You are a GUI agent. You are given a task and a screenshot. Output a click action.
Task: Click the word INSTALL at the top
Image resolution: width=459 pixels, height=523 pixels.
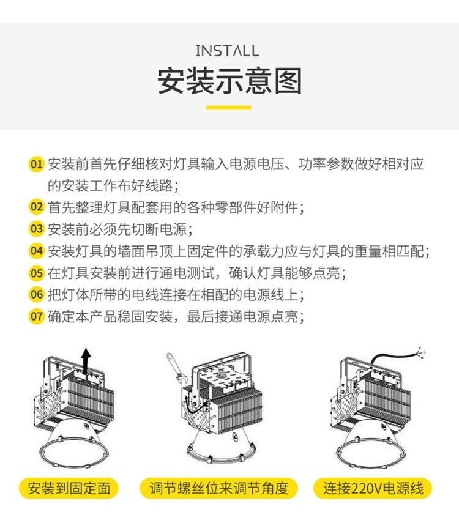coord(227,51)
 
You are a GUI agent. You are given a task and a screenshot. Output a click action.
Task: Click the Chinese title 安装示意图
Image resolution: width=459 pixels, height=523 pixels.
coord(229,81)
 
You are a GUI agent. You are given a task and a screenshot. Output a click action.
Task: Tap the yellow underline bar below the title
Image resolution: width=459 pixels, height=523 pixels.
coord(228,108)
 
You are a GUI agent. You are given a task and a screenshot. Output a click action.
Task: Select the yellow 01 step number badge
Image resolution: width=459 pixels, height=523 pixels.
coord(36,164)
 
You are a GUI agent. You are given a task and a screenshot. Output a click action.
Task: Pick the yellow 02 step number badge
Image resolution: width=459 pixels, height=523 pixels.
coord(36,207)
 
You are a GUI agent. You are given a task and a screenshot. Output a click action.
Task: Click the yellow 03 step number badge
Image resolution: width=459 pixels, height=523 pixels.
coord(36,229)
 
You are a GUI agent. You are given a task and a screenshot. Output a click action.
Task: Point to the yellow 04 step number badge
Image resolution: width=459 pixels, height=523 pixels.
coord(36,251)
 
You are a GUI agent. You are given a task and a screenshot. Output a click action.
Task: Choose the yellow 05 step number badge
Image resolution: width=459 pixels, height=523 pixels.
coord(36,273)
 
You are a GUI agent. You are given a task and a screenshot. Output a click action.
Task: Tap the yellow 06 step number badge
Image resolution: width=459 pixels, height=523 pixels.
coord(36,294)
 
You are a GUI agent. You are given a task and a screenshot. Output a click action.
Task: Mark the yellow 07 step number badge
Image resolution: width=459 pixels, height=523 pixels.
coord(36,316)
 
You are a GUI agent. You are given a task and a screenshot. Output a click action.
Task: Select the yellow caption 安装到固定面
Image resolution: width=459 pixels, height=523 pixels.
coord(69,488)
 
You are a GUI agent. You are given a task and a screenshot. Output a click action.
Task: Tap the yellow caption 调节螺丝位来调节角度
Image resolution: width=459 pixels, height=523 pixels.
coord(218,488)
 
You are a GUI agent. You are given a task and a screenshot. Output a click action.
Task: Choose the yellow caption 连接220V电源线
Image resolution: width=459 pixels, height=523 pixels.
coord(373,488)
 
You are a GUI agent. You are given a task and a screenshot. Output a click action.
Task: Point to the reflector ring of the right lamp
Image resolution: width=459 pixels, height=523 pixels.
coord(371,466)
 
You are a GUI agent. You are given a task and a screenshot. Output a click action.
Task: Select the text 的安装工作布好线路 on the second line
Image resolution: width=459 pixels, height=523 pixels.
coord(111,185)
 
